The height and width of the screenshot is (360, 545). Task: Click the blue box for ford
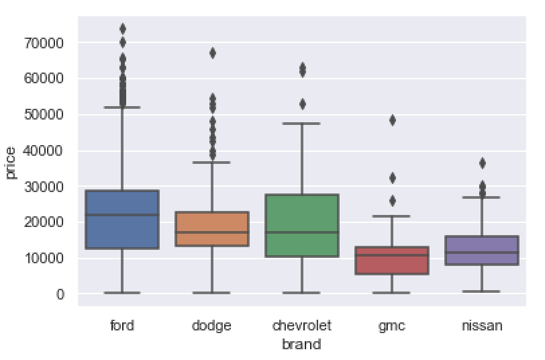[122, 220]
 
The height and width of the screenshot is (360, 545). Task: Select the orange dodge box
[212, 229]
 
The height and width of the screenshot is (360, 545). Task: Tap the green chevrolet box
[302, 226]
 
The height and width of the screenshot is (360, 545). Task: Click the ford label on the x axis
[122, 326]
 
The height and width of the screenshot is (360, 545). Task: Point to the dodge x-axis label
[212, 326]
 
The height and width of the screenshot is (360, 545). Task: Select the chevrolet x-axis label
[302, 326]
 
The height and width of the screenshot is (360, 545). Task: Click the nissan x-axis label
[482, 326]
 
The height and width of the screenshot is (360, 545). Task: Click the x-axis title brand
[301, 345]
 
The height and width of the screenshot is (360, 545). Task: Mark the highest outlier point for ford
[122, 29]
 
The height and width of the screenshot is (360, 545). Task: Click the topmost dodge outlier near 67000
[212, 53]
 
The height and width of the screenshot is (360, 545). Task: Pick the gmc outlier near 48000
[392, 120]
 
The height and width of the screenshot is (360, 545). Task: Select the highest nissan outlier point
[482, 163]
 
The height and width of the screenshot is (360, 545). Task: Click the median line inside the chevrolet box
[302, 232]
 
